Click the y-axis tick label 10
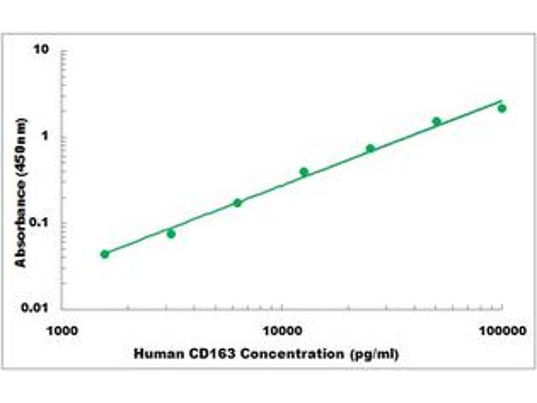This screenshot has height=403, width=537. pyautogui.click(x=44, y=50)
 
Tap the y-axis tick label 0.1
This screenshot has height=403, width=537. pyautogui.click(x=42, y=222)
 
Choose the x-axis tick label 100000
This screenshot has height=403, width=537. pyautogui.click(x=501, y=330)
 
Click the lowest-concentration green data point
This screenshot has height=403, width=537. pyautogui.click(x=105, y=254)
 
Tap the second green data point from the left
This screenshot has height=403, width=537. pyautogui.click(x=171, y=234)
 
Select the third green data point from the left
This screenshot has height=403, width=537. pyautogui.click(x=238, y=202)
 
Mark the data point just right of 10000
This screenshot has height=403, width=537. pyautogui.click(x=304, y=172)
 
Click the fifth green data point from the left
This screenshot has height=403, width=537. pyautogui.click(x=371, y=148)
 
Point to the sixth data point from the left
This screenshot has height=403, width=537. pyautogui.click(x=437, y=122)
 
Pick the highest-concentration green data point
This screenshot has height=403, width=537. pyautogui.click(x=502, y=108)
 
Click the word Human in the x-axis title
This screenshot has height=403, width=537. pyautogui.click(x=154, y=353)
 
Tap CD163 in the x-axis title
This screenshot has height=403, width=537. pyautogui.click(x=199, y=353)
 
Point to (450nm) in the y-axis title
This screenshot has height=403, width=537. pyautogui.click(x=21, y=147)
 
